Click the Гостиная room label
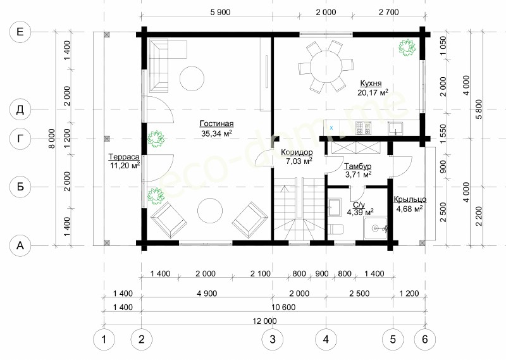(x=216, y=123)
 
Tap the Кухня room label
(x=371, y=84)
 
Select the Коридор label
(x=297, y=152)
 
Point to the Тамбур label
(x=357, y=166)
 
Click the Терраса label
(x=124, y=157)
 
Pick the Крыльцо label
(x=410, y=199)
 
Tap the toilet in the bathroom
(x=337, y=230)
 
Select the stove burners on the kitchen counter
(x=363, y=128)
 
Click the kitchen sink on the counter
(x=395, y=128)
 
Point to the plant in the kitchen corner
(x=407, y=47)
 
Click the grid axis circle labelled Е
(x=20, y=32)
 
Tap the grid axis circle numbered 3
(x=273, y=339)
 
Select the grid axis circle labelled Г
(x=20, y=139)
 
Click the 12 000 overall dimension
(x=265, y=321)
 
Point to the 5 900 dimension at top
(x=220, y=12)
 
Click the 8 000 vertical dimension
(x=52, y=139)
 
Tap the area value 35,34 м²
(x=216, y=133)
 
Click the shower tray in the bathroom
(x=375, y=228)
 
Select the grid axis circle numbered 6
(x=425, y=339)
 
